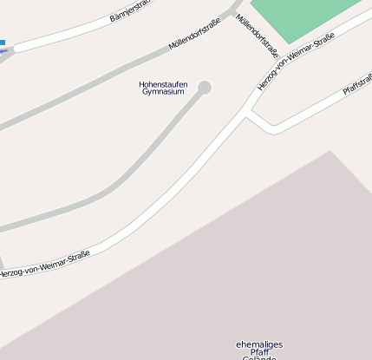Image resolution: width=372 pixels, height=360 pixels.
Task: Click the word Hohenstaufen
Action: (x=163, y=84)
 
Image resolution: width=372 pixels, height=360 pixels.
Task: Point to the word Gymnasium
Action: (x=163, y=92)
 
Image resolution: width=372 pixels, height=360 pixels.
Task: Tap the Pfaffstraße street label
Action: (x=357, y=84)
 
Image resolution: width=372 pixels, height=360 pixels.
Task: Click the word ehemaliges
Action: (x=258, y=344)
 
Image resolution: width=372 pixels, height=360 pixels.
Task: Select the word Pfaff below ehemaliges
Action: (x=259, y=352)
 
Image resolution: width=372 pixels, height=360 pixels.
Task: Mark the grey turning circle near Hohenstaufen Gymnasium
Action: (x=205, y=87)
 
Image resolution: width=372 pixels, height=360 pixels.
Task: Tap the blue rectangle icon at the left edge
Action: (x=3, y=42)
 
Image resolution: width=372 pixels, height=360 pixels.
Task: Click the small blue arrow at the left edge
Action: (x=3, y=50)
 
